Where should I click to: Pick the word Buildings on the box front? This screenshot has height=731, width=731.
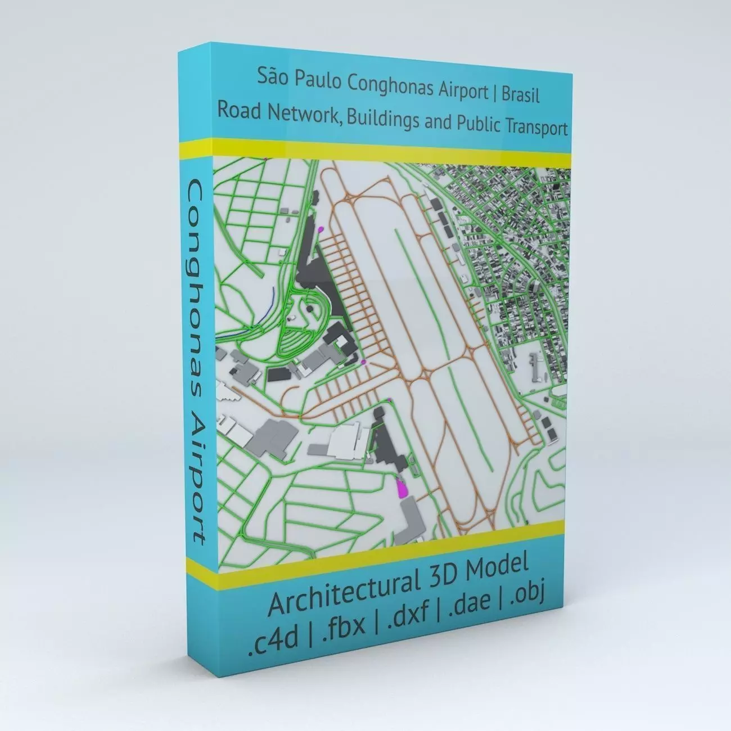coord(382,119)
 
